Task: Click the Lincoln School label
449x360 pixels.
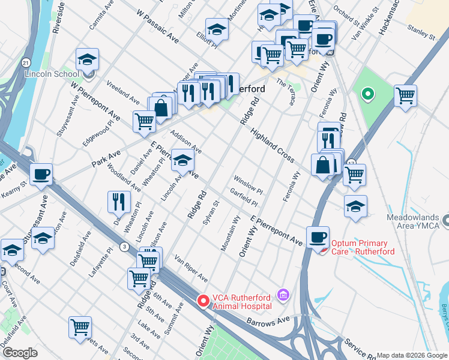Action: click(51, 74)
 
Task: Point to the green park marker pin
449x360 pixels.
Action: click(367, 94)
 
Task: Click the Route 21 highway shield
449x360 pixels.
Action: click(25, 62)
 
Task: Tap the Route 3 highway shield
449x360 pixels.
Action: click(124, 246)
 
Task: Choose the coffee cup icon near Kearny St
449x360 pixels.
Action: click(41, 174)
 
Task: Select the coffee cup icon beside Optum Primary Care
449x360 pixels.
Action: click(318, 236)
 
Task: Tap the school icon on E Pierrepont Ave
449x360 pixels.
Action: click(183, 160)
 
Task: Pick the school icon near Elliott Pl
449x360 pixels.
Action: click(217, 29)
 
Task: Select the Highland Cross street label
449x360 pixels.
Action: click(272, 146)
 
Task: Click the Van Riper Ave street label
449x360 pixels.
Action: click(191, 269)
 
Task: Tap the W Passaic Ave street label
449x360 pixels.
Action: click(158, 26)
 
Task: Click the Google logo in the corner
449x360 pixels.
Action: click(20, 353)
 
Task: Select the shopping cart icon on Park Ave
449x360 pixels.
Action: click(144, 121)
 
